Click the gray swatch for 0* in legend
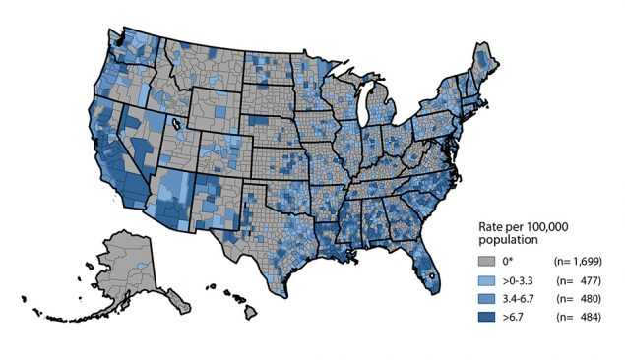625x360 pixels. pyautogui.click(x=486, y=261)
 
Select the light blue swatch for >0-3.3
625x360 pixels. pyautogui.click(x=486, y=278)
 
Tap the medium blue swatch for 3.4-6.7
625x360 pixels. pyautogui.click(x=486, y=297)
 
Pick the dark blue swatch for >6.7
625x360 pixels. pyautogui.click(x=486, y=316)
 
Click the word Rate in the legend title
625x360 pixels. pyautogui.click(x=490, y=225)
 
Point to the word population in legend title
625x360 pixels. pyautogui.click(x=503, y=239)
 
